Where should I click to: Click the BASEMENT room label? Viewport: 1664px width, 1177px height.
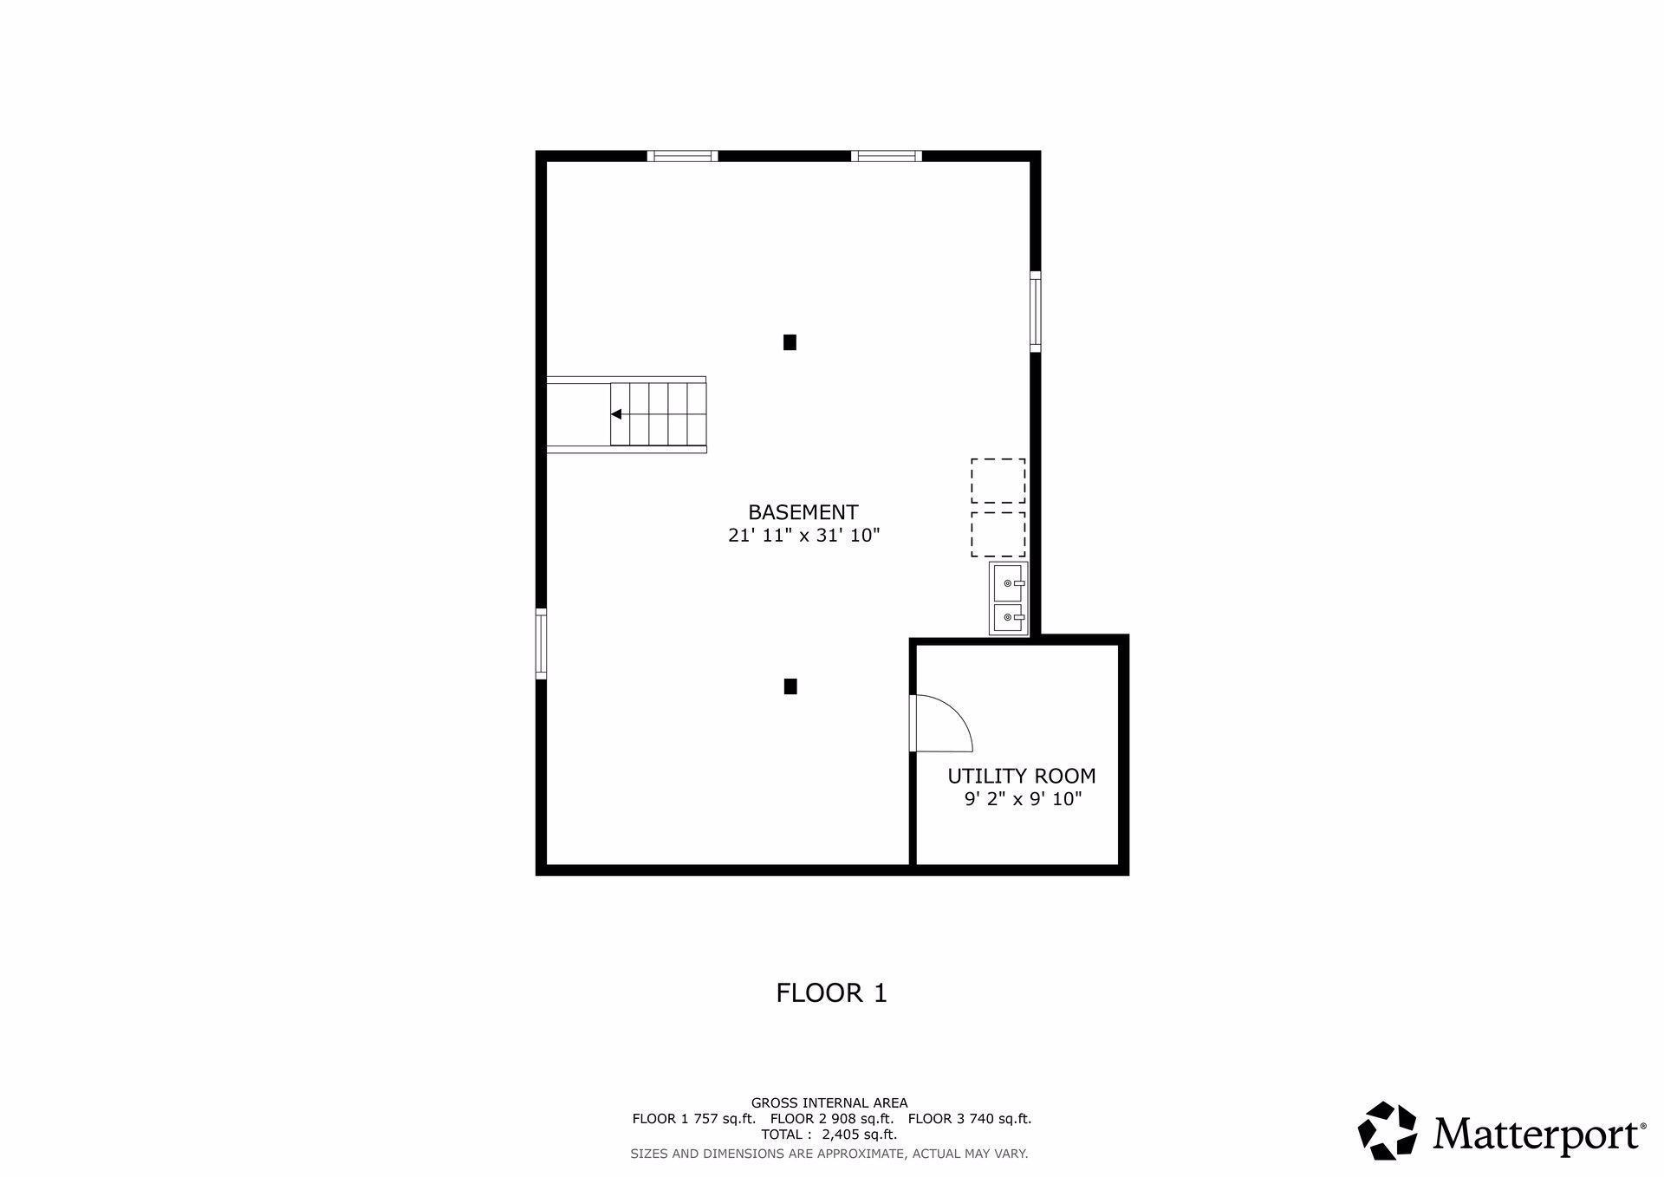803,512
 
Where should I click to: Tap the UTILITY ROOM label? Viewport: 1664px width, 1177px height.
1021,776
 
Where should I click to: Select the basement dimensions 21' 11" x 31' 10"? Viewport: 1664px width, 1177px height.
803,536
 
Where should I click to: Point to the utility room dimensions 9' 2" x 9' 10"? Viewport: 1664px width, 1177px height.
1023,799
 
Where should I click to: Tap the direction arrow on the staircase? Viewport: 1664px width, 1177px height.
616,414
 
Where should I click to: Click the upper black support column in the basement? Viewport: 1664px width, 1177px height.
790,342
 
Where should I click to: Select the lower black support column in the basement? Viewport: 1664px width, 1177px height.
790,686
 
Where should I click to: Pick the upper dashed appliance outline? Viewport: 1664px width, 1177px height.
998,481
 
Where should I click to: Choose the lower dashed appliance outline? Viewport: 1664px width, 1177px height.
998,534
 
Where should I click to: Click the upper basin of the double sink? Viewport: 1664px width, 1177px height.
1009,582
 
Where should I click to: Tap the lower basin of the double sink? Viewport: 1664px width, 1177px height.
1009,618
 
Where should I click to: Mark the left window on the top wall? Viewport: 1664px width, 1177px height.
682,157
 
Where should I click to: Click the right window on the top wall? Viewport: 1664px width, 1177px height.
886,157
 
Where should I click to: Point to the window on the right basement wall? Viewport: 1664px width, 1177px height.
1035,311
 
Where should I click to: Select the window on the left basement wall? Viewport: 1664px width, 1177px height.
542,642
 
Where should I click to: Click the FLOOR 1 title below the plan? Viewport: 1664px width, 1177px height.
831,993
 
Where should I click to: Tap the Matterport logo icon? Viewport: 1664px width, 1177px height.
1387,1130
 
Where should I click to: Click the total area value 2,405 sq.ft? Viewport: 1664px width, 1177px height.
859,1135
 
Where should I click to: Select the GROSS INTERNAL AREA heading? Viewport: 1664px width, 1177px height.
829,1103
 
